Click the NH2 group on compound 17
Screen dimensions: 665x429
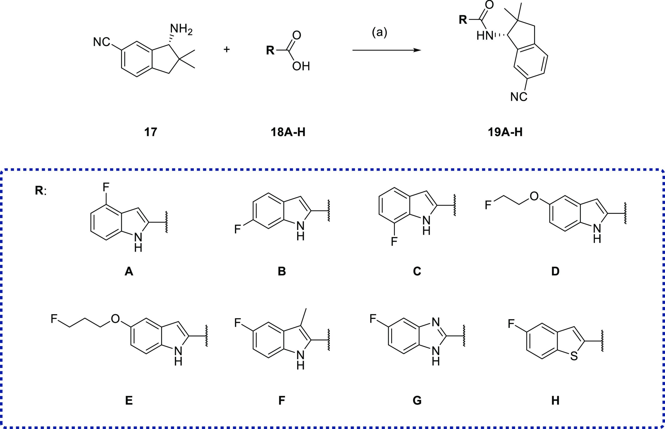pos(181,29)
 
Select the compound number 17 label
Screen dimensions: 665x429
pos(151,132)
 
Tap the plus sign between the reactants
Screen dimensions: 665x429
pos(227,50)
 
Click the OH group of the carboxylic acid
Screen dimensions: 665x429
pos(301,66)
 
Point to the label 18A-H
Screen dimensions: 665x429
pos(288,132)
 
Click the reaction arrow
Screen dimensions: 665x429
pos(387,50)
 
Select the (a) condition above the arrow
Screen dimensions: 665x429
pos(380,32)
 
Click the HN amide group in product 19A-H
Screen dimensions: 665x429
pos(485,36)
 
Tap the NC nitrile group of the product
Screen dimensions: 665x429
pos(519,97)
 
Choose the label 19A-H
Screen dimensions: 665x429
pos(505,132)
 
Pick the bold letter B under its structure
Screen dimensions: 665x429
pos(282,271)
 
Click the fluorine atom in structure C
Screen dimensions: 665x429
pos(394,241)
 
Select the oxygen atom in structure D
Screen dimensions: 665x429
pos(534,196)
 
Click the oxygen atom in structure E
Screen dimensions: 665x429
pos(115,319)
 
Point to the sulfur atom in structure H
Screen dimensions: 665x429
pos(574,356)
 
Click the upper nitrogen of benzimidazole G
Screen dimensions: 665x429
pos(436,322)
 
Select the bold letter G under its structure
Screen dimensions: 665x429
pos(417,400)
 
